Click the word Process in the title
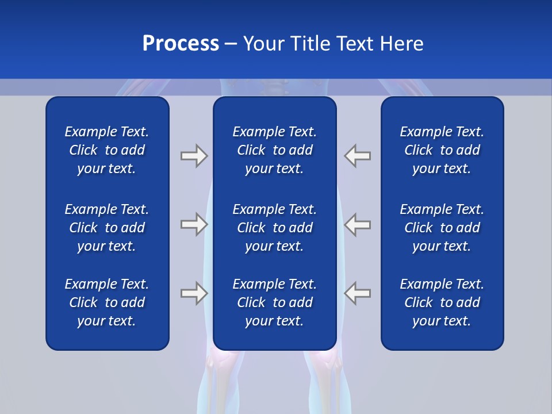click(x=181, y=44)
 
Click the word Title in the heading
click(x=309, y=44)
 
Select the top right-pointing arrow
click(x=194, y=156)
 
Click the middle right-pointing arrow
click(x=194, y=224)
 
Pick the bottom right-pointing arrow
click(x=194, y=293)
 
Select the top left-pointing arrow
click(x=358, y=156)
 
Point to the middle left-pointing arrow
click(x=358, y=224)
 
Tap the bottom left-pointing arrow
click(x=358, y=293)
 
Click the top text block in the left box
click(x=107, y=150)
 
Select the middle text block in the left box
click(x=107, y=228)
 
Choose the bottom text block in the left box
click(x=107, y=302)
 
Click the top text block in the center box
click(x=274, y=150)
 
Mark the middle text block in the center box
click(x=274, y=228)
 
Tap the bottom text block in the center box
click(x=274, y=302)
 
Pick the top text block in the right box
click(x=442, y=150)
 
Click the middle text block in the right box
click(x=442, y=228)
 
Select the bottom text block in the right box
click(x=442, y=302)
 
